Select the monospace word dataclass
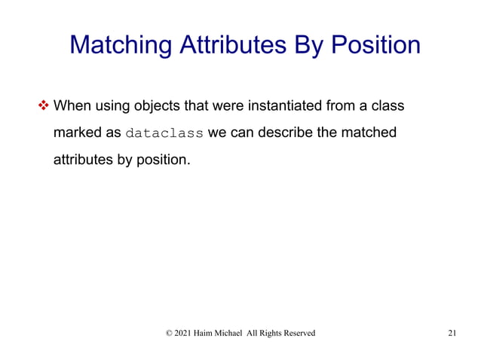pyautogui.click(x=164, y=133)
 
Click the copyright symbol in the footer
pyautogui.click(x=168, y=333)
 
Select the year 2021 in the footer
pyautogui.click(x=184, y=333)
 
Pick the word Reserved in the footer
pyautogui.click(x=299, y=333)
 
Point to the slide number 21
pyautogui.click(x=452, y=333)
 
